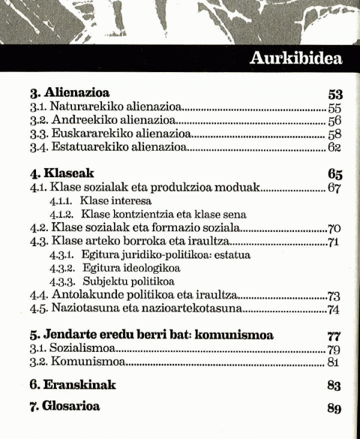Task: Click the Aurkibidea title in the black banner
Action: [295, 59]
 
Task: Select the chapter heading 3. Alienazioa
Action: [70, 94]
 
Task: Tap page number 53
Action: [335, 94]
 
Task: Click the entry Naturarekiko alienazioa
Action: [106, 108]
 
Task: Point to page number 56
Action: [335, 121]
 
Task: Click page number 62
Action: [334, 147]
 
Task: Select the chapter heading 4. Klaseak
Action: [62, 174]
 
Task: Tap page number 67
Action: [334, 189]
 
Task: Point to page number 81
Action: [334, 362]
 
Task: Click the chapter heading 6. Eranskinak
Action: [73, 384]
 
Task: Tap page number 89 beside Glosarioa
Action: [334, 408]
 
